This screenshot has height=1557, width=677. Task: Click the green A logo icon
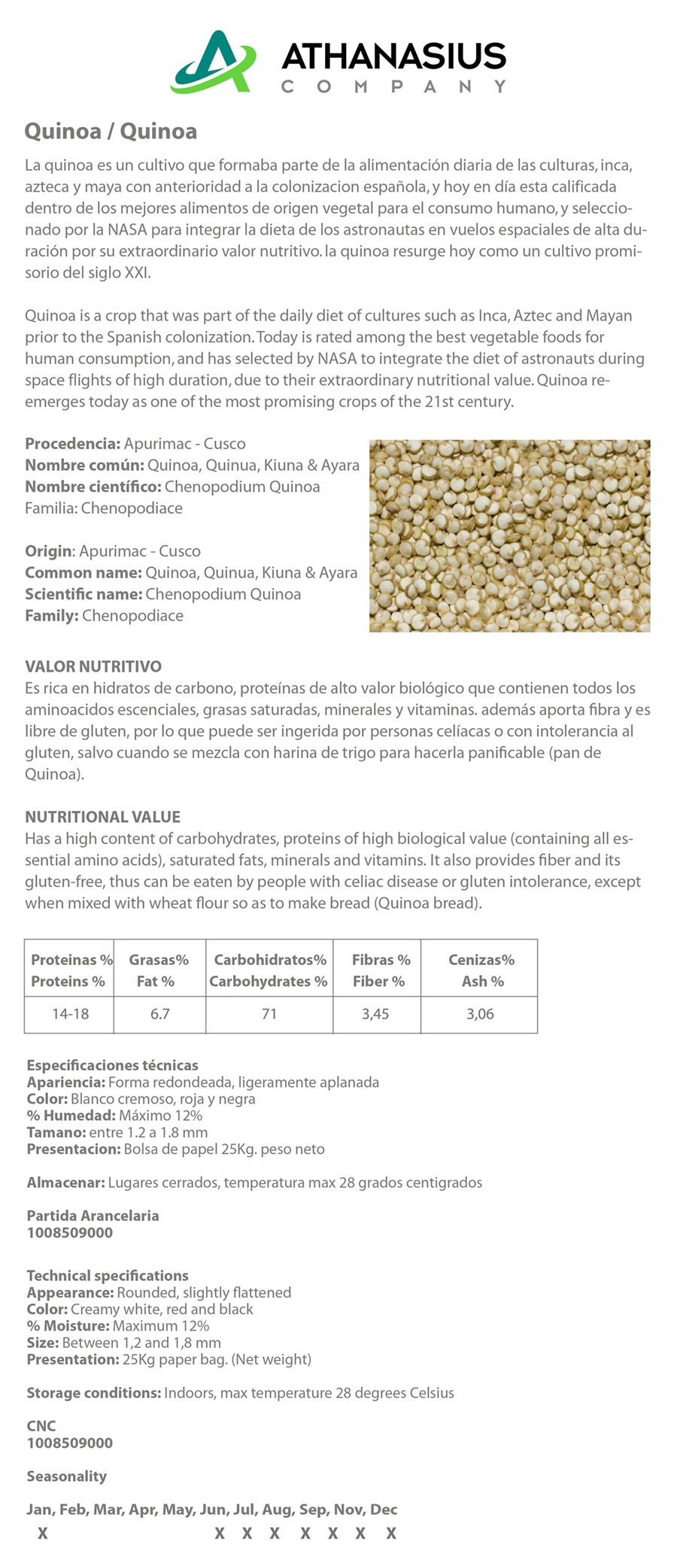213,62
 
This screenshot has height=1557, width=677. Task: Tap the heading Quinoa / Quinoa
111,132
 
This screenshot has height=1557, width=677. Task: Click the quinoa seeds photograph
509,536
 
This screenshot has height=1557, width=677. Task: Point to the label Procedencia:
72,444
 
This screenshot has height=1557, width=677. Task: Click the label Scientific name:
83,594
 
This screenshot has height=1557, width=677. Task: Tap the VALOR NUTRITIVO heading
93,666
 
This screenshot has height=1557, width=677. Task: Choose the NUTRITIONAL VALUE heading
102,817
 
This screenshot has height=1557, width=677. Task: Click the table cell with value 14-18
70,1014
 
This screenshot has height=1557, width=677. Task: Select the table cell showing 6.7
159,1014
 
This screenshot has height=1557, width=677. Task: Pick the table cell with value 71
269,1014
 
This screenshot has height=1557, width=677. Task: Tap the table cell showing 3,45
375,1014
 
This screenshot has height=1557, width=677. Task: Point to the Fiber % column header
381,981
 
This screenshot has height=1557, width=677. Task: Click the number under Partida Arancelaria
70,1233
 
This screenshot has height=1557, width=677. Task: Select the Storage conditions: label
93,1393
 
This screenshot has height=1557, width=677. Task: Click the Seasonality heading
66,1477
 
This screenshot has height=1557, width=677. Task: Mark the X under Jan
43,1533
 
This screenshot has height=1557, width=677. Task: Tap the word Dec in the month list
384,1510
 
